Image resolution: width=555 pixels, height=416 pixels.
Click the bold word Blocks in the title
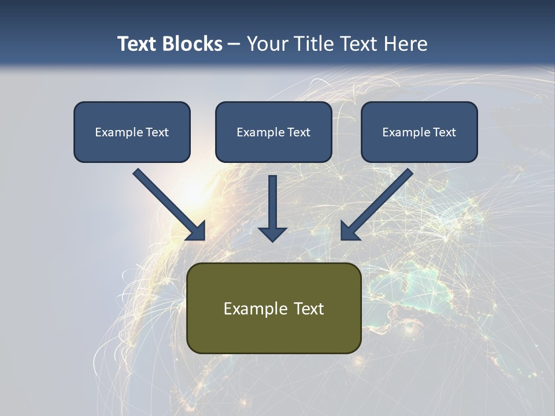pos(193,44)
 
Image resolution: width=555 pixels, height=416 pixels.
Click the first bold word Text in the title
pos(139,44)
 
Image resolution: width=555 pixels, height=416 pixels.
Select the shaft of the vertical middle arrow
pos(272,199)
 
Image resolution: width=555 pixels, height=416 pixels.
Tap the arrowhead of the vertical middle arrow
pos(272,233)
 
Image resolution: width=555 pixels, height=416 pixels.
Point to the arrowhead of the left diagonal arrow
pos(197,231)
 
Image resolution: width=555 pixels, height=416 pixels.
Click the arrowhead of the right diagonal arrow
pos(349,231)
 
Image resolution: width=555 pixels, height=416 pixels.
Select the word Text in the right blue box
pos(444,132)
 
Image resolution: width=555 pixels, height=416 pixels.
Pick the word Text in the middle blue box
pos(298,132)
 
